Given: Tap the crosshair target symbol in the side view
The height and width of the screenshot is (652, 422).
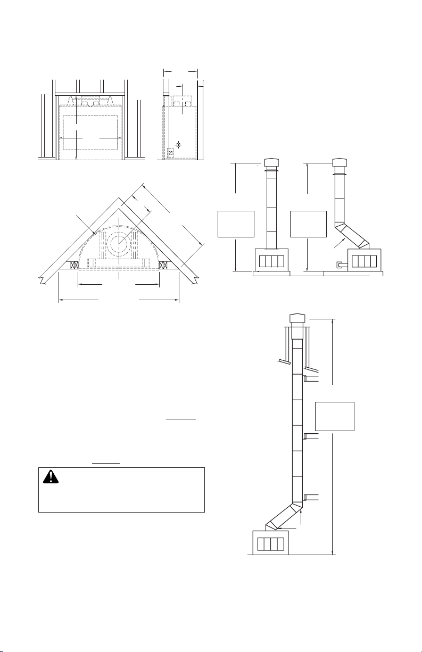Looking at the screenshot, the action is point(179,144).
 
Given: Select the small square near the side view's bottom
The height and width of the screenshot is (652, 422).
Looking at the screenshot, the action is point(170,153).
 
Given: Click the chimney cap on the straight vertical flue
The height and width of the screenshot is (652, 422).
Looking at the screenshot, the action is point(272,162).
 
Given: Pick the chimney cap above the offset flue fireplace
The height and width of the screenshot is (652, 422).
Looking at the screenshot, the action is point(340,162).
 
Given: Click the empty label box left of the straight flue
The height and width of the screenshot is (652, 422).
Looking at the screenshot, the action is point(236,224).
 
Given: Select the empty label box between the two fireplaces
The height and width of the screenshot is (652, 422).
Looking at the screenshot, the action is point(308,224).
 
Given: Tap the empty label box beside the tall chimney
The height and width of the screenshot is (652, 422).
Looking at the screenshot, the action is point(335,416).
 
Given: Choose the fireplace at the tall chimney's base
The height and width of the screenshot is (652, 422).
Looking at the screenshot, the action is point(270,543).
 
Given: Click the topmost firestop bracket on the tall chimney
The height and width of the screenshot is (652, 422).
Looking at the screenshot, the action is point(310,378).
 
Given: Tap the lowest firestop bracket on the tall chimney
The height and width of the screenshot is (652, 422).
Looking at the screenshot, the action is point(310,498).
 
